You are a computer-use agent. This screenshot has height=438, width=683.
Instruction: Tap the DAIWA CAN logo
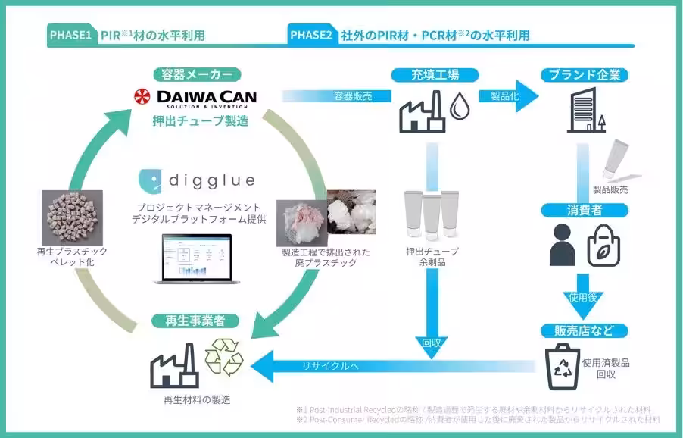click(x=195, y=98)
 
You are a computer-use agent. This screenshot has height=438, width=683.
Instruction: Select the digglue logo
click(x=196, y=181)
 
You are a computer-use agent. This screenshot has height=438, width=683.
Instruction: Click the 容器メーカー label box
click(x=196, y=74)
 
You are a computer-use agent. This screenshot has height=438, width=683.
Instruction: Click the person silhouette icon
click(x=562, y=243)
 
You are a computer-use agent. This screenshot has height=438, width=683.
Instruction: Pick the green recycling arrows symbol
click(x=224, y=358)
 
